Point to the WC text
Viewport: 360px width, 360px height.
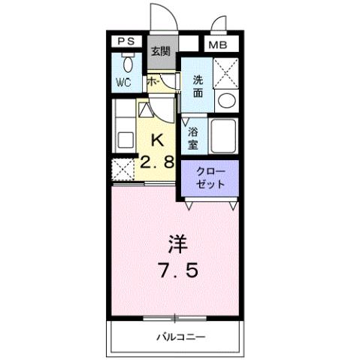click(x=124, y=83)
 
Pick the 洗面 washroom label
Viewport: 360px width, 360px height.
click(x=198, y=86)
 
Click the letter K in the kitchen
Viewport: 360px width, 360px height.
click(x=159, y=140)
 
